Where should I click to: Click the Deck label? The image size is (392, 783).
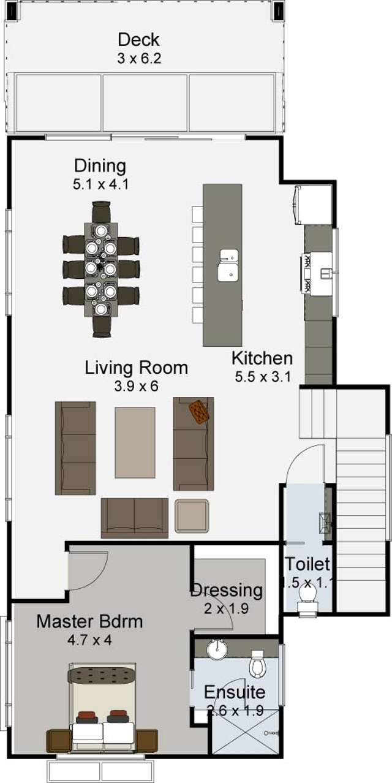click(x=138, y=40)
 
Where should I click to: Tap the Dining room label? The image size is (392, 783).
click(x=100, y=166)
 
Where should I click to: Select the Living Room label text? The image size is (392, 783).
click(x=136, y=368)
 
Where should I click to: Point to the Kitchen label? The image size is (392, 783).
click(x=262, y=358)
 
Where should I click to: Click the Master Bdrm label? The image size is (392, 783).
click(x=89, y=622)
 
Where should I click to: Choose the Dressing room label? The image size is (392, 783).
click(x=227, y=591)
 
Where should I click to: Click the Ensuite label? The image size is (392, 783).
click(x=235, y=693)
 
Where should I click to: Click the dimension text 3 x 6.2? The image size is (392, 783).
click(x=138, y=59)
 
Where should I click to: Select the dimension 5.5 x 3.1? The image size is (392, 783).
click(x=262, y=377)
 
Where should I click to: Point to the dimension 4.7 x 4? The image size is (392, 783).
click(x=89, y=640)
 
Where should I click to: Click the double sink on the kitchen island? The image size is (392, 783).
click(x=228, y=265)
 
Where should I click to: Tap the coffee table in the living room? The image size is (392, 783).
click(x=135, y=442)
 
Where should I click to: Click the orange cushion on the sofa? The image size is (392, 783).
click(x=199, y=412)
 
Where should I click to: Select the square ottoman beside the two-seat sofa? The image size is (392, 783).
click(x=192, y=516)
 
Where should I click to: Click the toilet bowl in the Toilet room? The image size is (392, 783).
click(x=307, y=594)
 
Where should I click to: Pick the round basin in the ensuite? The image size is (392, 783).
click(x=217, y=649)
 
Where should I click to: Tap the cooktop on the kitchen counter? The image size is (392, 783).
click(x=306, y=273)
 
